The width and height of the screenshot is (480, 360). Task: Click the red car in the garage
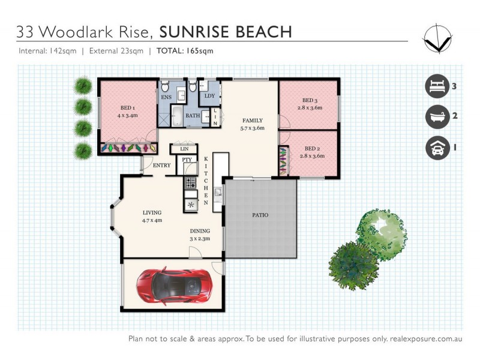pos(173,284)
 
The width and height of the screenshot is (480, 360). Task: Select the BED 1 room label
pos(130,109)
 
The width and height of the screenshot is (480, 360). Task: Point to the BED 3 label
pos(310,100)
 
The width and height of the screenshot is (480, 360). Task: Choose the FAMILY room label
pos(252,120)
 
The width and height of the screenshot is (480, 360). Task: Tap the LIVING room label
pos(152,212)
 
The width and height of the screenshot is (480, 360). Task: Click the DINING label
pos(200,230)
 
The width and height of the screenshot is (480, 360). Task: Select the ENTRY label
pos(162,166)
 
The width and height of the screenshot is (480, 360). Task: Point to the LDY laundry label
pos(209,96)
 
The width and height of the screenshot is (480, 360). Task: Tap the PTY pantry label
pos(187,160)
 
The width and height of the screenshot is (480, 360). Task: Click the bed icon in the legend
pos(437,86)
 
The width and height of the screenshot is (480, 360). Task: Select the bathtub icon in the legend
pos(437,116)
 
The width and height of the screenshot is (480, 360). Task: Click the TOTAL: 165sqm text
pos(185,51)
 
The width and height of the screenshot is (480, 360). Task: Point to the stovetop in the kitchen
pos(191,183)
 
